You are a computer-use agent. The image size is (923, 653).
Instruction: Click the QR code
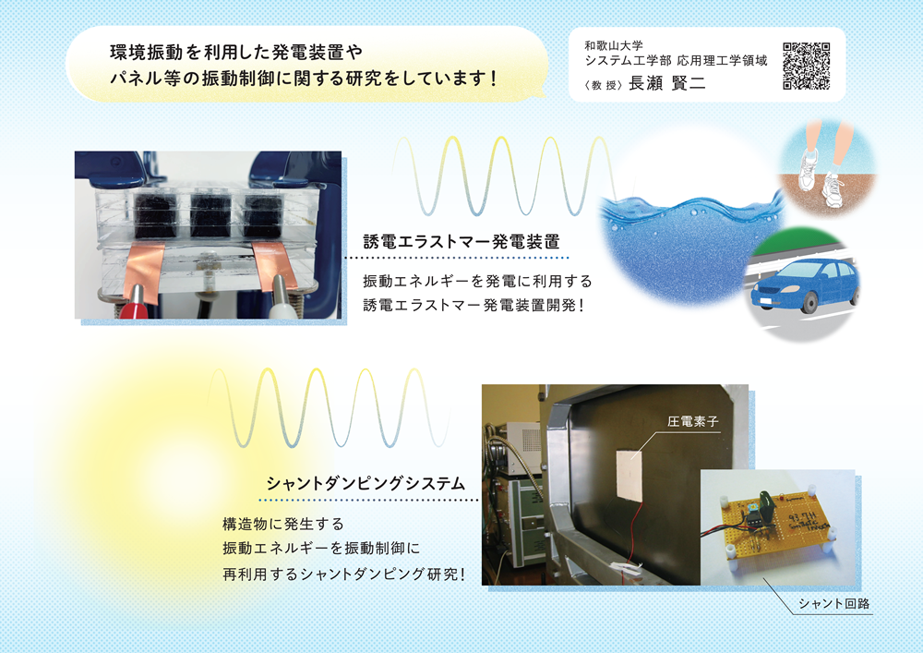click(807, 66)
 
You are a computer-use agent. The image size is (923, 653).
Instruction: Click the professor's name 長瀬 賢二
click(667, 84)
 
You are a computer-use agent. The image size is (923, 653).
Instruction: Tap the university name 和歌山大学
click(614, 45)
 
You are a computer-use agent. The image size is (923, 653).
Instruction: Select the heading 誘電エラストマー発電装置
click(461, 241)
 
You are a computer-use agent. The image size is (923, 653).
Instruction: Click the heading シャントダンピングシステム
click(366, 483)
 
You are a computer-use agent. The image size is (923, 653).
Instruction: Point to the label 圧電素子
click(693, 421)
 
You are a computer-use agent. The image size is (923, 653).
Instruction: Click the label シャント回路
click(833, 603)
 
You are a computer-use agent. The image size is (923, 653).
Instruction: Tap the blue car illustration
click(805, 285)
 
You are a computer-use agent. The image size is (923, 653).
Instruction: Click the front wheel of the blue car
click(809, 303)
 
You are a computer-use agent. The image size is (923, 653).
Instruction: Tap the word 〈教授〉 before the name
click(604, 85)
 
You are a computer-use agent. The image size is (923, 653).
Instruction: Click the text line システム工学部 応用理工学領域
click(676, 61)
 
